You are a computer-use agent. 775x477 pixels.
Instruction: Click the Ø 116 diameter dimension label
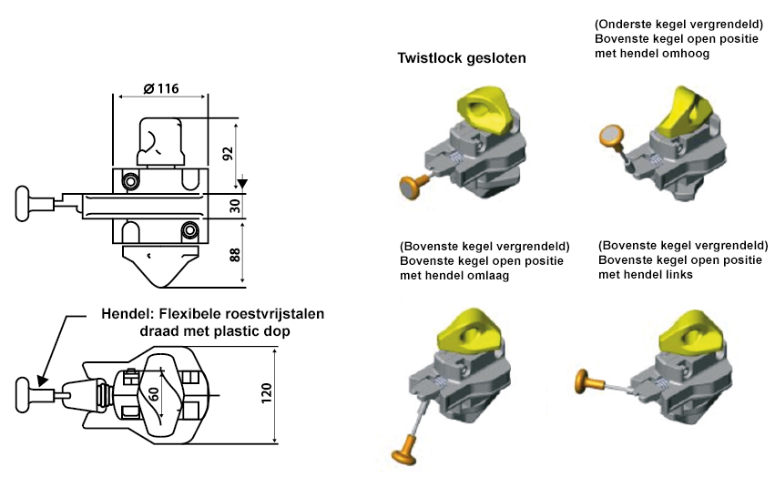(160, 88)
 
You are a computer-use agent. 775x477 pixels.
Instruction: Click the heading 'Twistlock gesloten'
(462, 59)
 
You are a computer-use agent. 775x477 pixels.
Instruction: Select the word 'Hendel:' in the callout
(127, 315)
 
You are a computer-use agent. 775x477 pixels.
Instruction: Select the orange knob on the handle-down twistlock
(403, 451)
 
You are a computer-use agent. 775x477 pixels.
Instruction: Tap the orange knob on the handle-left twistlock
(586, 381)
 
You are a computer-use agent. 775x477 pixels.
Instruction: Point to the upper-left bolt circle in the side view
(131, 182)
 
